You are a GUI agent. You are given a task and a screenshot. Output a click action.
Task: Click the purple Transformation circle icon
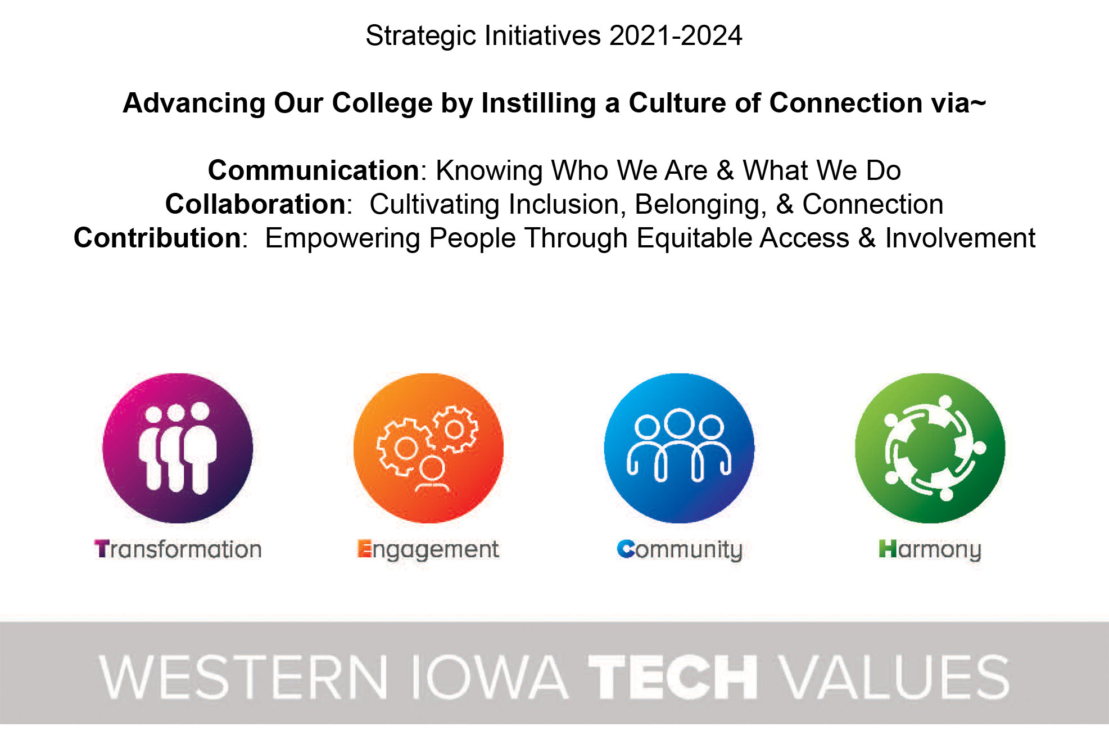(178, 448)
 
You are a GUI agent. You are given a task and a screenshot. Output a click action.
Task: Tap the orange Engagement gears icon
(428, 448)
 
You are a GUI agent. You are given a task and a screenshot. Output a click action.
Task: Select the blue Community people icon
(679, 448)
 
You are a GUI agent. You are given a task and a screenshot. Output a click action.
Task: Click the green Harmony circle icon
(930, 448)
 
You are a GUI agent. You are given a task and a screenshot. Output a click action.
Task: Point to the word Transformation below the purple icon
(178, 549)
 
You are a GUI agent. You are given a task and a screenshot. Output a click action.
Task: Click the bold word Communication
(314, 170)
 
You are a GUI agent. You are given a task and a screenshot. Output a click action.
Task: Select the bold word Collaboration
(256, 204)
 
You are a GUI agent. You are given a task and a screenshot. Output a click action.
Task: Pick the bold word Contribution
(158, 238)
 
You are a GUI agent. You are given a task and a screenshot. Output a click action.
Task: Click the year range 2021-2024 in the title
(676, 36)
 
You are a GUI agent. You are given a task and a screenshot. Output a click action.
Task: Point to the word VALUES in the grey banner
(896, 677)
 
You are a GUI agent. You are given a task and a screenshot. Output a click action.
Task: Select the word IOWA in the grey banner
(490, 677)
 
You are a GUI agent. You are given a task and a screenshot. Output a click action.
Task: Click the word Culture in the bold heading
(674, 103)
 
